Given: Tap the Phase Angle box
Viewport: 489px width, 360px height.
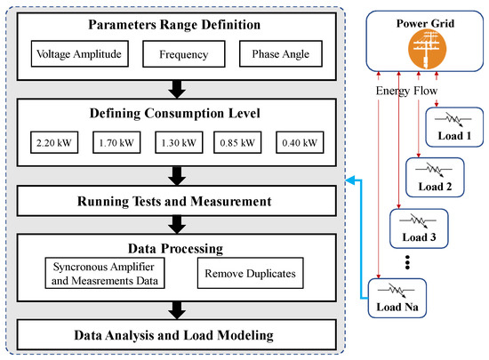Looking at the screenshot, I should tap(282, 53).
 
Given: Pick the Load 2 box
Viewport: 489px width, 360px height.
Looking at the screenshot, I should tap(435, 175).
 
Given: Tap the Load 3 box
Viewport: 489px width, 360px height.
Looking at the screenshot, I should tap(418, 226).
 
